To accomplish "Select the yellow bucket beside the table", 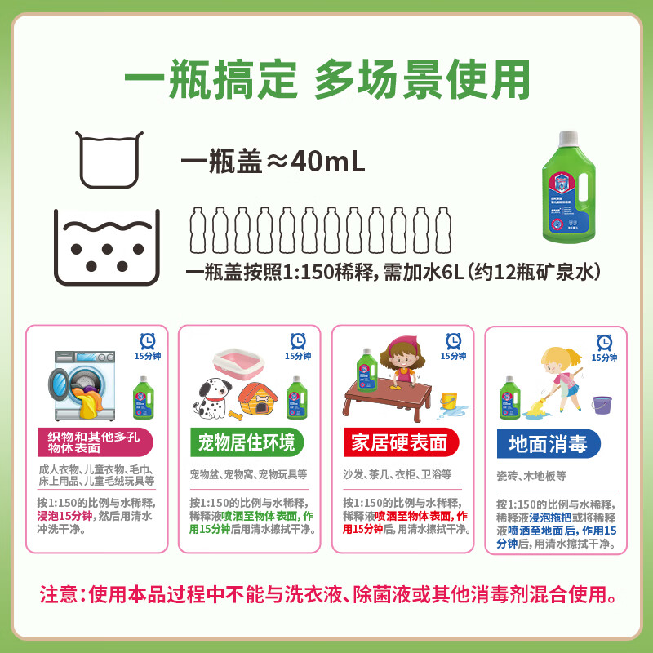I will tap(448, 401).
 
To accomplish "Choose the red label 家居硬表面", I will tap(399, 443).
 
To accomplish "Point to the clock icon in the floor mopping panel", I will tap(605, 342).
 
